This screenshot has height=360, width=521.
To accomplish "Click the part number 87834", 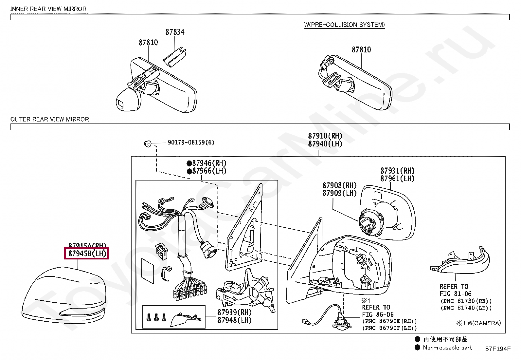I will pos(175,32).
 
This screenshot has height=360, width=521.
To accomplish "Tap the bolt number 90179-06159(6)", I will pos(191,142).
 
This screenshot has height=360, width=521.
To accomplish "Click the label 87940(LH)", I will pos(325,144).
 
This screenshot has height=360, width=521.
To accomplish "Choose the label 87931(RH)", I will pos(397,171).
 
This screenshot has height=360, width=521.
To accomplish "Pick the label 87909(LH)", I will pos(339,193).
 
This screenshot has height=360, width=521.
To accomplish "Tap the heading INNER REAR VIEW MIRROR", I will pos(48,9).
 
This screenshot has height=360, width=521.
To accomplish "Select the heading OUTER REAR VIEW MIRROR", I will pos(50,119).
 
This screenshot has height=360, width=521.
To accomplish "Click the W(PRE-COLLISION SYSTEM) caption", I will pos(344,25).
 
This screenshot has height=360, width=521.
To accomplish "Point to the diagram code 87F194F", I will pos(497,349).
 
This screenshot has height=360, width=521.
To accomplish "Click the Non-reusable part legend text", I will pos(447,348).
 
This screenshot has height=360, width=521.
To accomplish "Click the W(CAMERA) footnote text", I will pos(478,323).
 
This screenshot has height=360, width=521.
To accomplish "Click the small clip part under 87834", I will pos(175,55).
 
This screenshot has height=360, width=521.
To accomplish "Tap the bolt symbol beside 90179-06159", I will pos(148,143).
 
